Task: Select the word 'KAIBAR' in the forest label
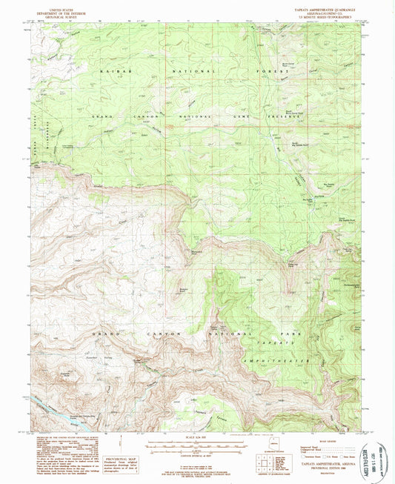pos(109,67)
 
